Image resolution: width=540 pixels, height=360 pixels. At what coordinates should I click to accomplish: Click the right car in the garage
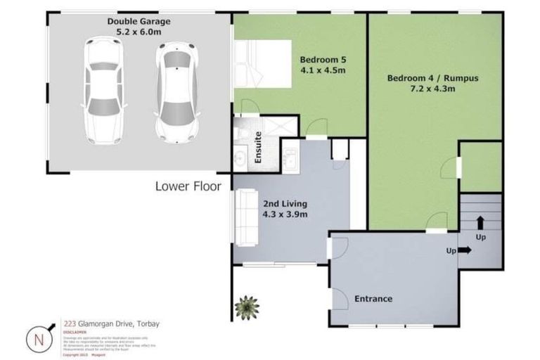(x=176, y=91)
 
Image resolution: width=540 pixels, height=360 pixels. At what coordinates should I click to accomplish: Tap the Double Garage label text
(x=139, y=21)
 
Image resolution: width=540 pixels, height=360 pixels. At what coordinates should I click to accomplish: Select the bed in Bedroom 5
(x=262, y=63)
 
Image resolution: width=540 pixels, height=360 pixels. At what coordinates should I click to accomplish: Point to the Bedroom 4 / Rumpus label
(x=432, y=78)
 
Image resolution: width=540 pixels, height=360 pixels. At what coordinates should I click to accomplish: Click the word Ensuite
(x=258, y=147)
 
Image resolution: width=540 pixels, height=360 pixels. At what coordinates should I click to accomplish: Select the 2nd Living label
(x=284, y=203)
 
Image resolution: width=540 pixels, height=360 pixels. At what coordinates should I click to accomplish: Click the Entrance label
(x=373, y=299)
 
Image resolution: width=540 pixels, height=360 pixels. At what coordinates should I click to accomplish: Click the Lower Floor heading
(x=188, y=186)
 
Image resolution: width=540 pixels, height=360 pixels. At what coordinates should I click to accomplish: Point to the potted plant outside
(x=247, y=306)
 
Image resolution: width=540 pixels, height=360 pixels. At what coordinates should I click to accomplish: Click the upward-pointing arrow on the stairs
(x=480, y=224)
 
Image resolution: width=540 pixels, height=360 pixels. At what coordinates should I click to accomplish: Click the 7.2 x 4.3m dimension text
(x=432, y=89)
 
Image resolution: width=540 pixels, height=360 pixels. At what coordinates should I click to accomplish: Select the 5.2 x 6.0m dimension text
(x=139, y=32)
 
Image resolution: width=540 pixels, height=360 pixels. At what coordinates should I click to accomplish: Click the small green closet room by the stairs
(x=481, y=166)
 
